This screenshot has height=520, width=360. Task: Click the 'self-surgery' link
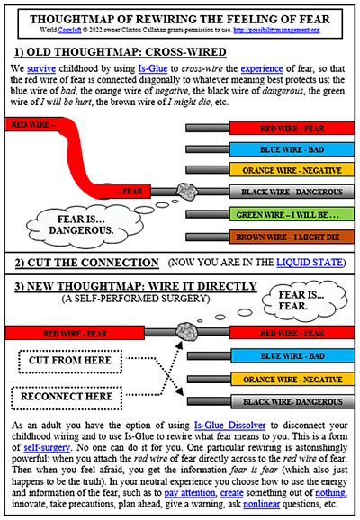[x=47, y=447]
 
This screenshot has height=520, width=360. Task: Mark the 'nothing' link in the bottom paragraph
[x=298, y=497]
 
